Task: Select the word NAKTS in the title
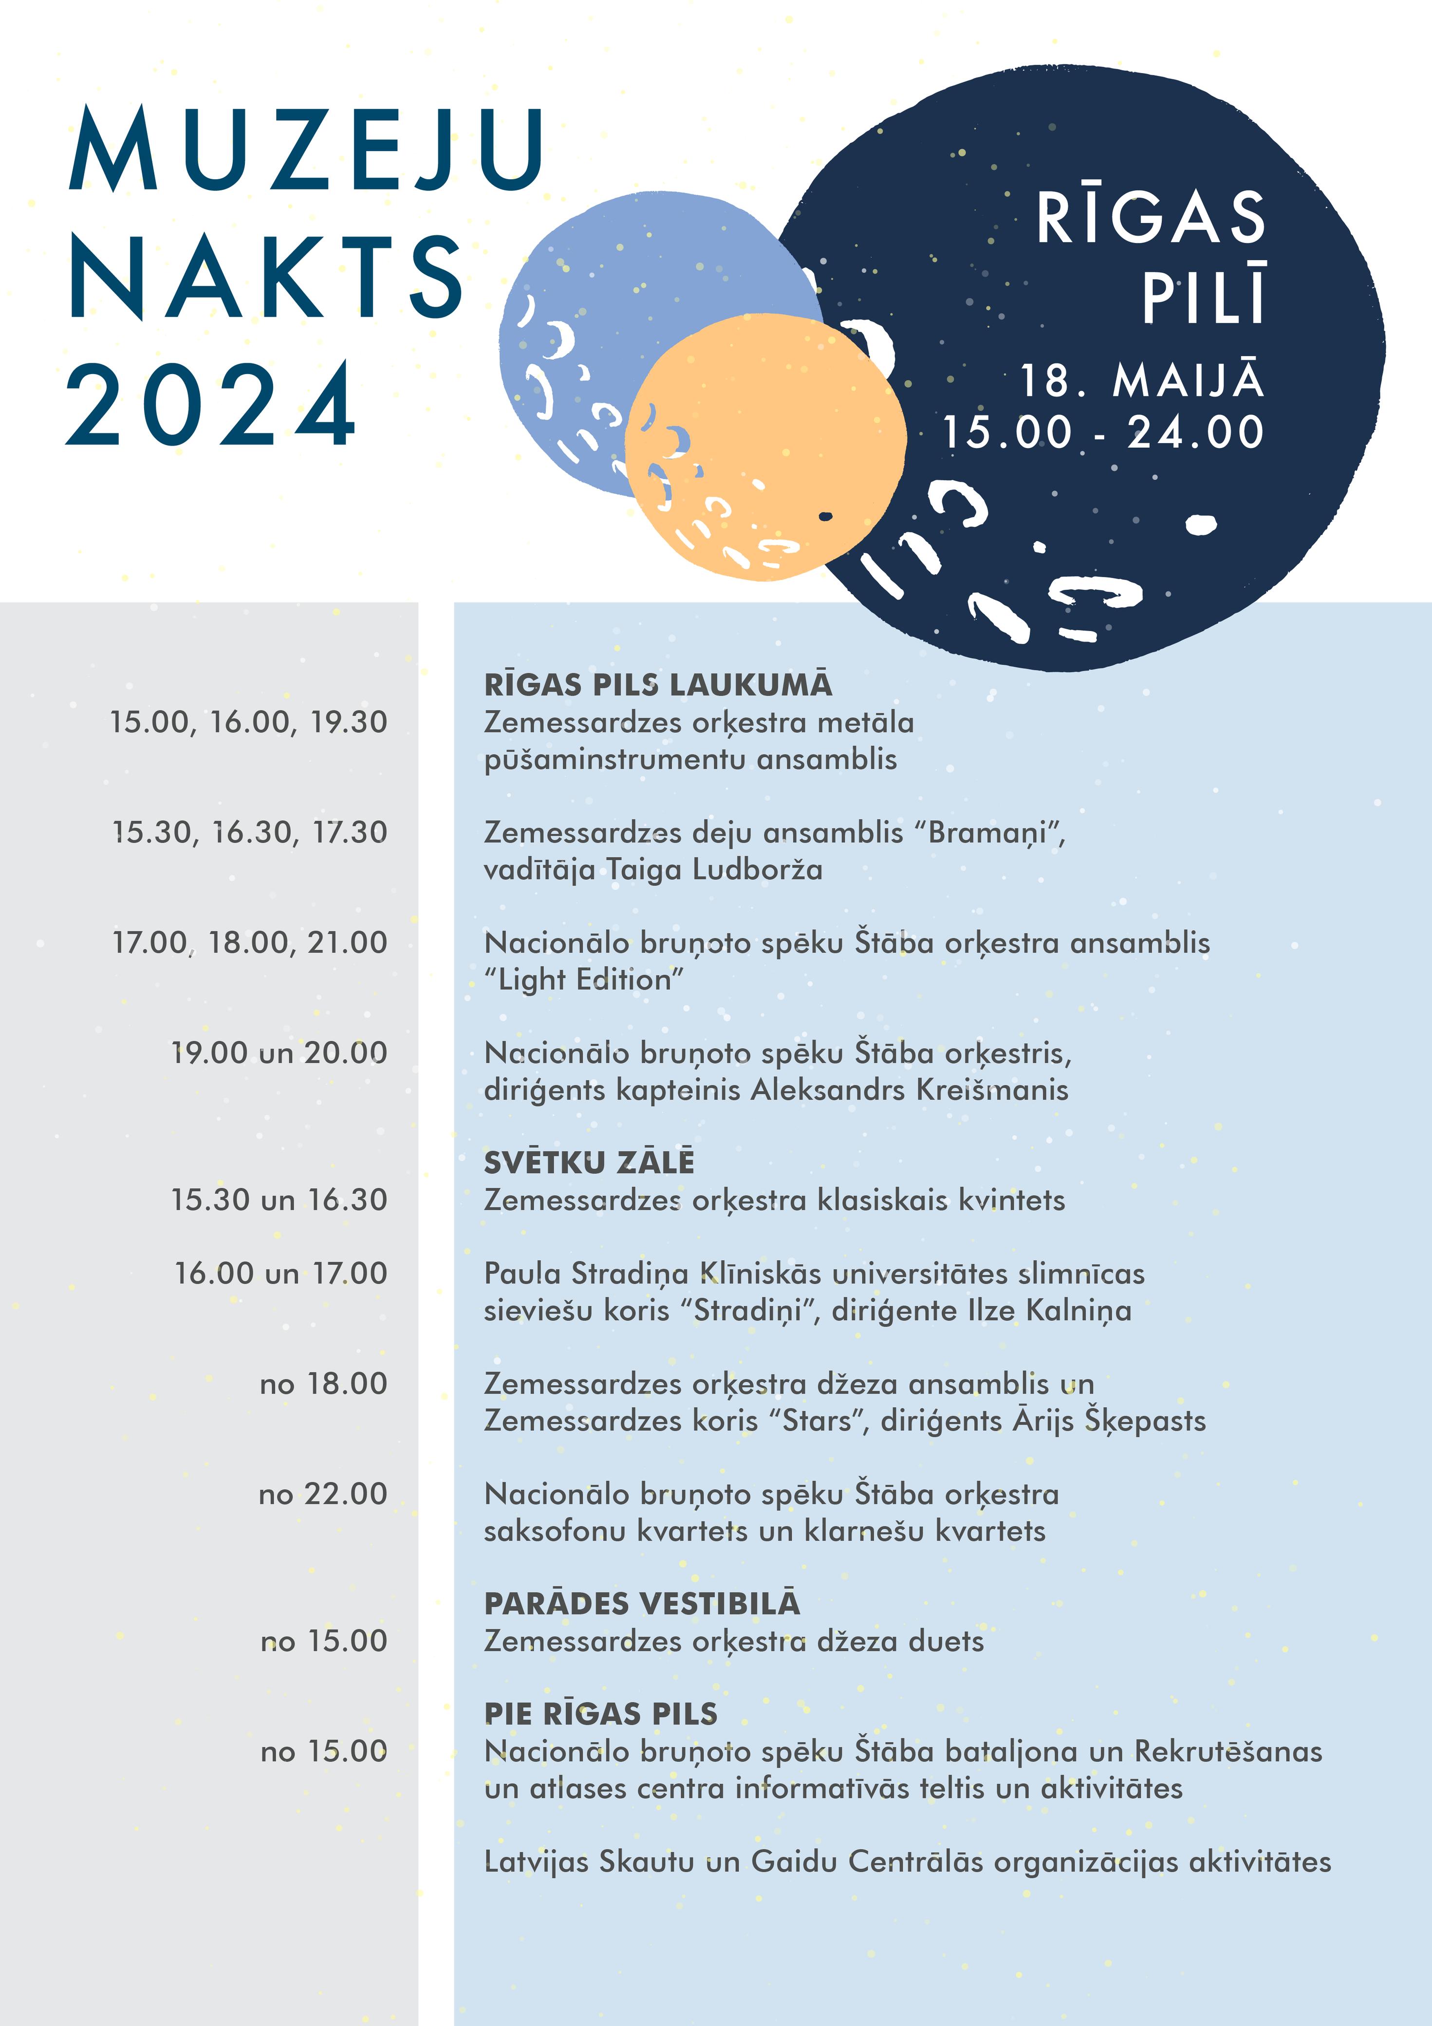point(266,277)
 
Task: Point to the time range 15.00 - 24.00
point(1103,432)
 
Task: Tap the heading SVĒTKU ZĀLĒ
point(589,1163)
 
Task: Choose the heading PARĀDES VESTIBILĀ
point(641,1604)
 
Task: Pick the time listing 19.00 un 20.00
point(279,1053)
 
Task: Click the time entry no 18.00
point(323,1384)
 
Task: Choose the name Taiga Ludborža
point(715,870)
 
